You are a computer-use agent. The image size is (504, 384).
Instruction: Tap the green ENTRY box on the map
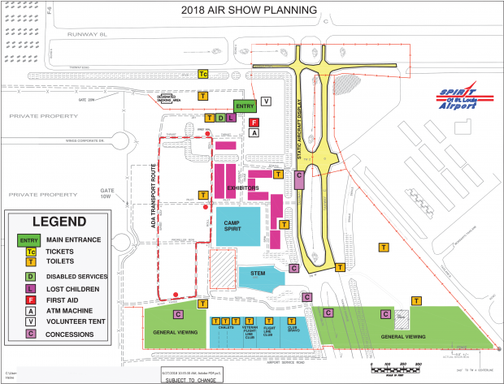tap(244, 106)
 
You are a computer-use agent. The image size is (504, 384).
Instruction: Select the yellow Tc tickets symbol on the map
tap(203, 74)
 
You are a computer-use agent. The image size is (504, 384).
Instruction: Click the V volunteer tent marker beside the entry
tap(267, 101)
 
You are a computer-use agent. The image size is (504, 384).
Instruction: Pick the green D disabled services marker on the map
tap(220, 118)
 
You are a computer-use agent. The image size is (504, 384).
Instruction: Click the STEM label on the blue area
tap(259, 274)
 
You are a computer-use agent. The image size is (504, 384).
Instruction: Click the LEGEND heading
tap(58, 222)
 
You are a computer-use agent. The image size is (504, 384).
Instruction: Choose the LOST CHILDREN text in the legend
tap(73, 288)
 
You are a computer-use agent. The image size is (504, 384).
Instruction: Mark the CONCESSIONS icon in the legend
tap(31, 332)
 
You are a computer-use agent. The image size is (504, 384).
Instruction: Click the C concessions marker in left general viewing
tap(178, 314)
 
